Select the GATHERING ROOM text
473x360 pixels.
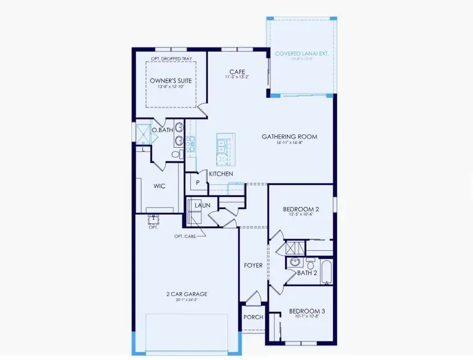click(289, 137)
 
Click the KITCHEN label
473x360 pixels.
click(220, 174)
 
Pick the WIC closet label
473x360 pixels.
click(159, 186)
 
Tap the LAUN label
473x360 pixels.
click(202, 205)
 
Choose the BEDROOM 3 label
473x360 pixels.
click(307, 311)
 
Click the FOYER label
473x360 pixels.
click(253, 265)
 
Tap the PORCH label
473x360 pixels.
click(253, 317)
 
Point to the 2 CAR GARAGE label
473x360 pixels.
click(187, 294)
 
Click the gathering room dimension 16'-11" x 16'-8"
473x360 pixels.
click(289, 144)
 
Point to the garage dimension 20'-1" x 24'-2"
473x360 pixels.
click(187, 300)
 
